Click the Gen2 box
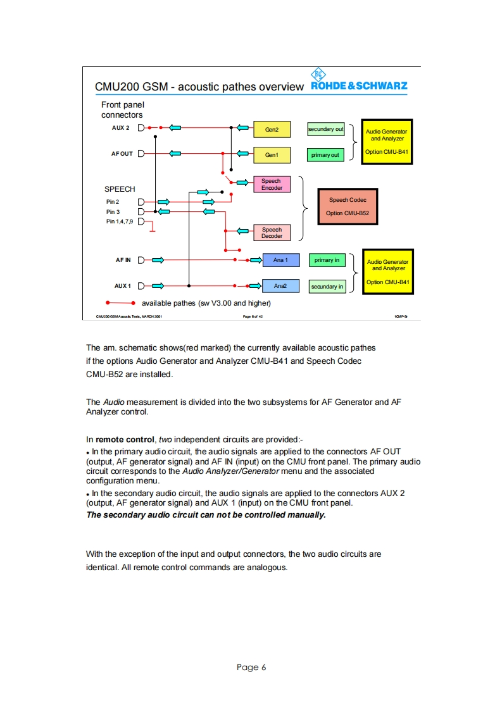pos(272,130)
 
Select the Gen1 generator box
pos(272,155)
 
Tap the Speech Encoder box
pos(272,184)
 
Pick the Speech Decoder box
pos(272,233)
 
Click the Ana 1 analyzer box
pos(280,260)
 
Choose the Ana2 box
pos(280,286)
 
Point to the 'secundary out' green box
pos(326,130)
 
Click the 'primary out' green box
pos(325,155)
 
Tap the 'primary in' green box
pos(327,260)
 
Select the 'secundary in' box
pos(327,287)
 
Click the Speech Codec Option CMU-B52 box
pos(348,206)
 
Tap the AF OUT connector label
pos(122,153)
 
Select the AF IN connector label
pos(123,259)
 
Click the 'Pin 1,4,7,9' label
pos(120,221)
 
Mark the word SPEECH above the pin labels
pos(120,189)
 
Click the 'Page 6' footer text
pos(251,667)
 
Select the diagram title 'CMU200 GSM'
pos(131,87)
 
